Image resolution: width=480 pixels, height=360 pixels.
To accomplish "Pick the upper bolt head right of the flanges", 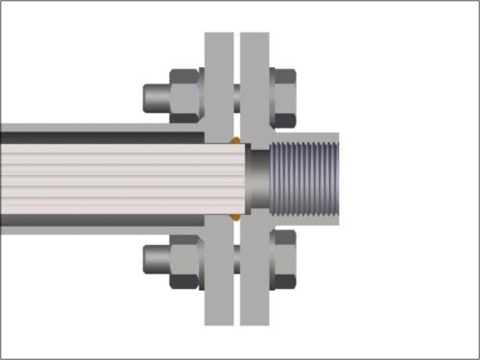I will (284, 95).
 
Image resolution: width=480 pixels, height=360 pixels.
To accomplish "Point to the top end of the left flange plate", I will (219, 43).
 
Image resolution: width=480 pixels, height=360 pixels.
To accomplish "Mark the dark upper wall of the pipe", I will (96, 133).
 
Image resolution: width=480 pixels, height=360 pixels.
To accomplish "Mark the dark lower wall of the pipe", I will (96, 223).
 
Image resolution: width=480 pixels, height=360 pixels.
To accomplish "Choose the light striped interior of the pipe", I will (115, 179).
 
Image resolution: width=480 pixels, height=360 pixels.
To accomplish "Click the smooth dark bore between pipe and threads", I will (260, 180).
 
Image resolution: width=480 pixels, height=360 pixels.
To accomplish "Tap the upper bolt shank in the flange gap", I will (237, 95).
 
